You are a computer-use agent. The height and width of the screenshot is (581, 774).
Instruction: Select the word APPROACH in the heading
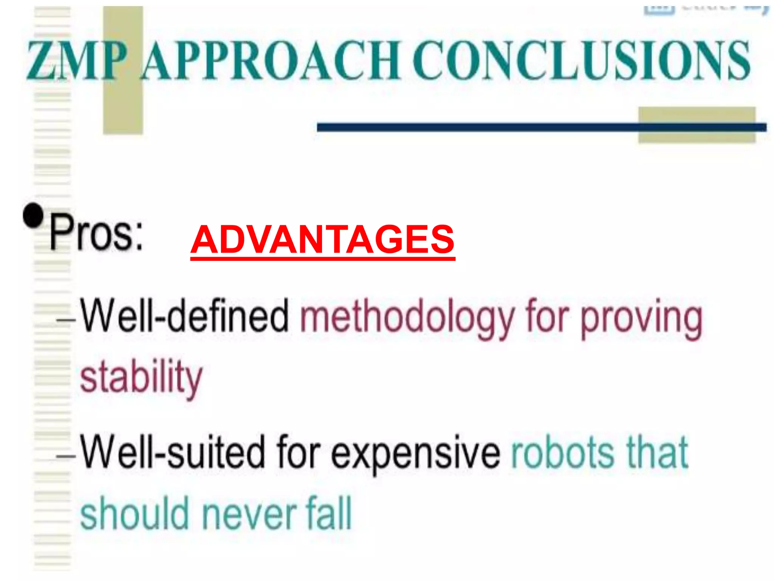tap(271, 61)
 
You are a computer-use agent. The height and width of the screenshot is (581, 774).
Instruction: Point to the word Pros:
tap(97, 231)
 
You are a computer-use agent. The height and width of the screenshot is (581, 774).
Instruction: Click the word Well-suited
tap(173, 452)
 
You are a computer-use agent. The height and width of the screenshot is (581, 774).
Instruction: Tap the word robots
tap(563, 452)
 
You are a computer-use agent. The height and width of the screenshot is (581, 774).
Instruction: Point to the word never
tap(249, 514)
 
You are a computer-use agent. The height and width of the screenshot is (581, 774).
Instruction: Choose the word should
tap(135, 513)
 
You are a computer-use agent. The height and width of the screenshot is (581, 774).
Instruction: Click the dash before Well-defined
tap(65, 320)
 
